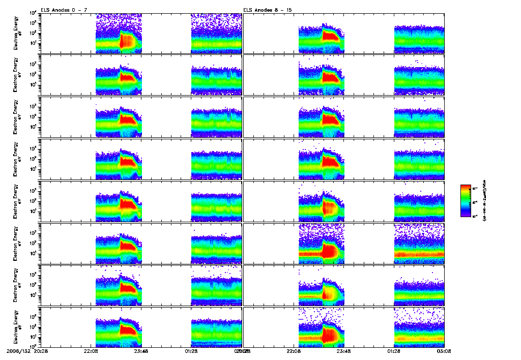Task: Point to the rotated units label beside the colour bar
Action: (x=487, y=200)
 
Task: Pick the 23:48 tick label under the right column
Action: (x=344, y=350)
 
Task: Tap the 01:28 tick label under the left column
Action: (x=191, y=350)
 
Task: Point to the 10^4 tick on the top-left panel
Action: (x=33, y=13)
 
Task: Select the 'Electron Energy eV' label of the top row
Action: (x=18, y=34)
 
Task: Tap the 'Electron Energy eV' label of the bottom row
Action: (x=18, y=327)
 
